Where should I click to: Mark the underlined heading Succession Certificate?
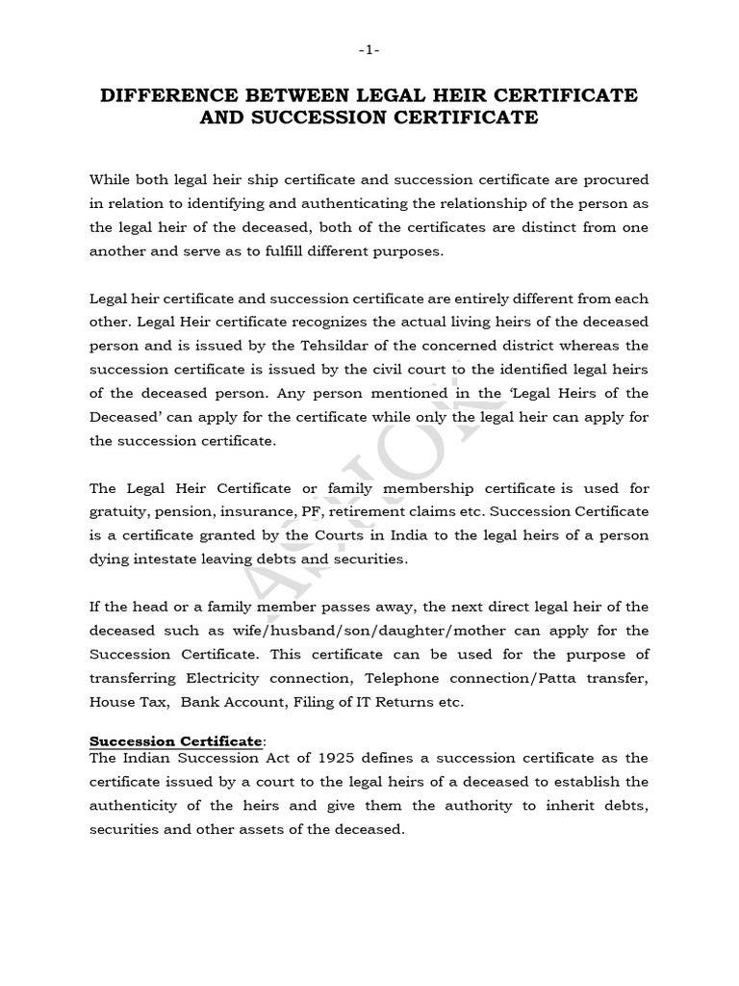tap(175, 740)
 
